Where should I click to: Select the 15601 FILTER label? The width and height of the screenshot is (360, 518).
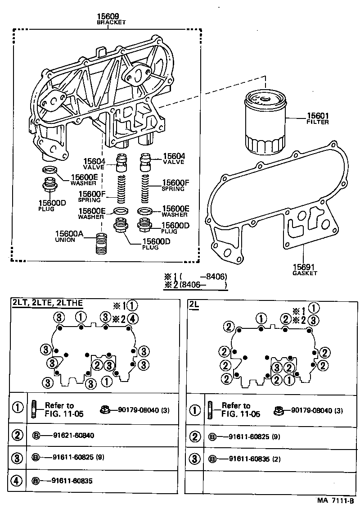tap(317, 118)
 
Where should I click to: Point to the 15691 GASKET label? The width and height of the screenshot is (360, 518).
tap(305, 269)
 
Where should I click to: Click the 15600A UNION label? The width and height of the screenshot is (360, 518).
tap(71, 236)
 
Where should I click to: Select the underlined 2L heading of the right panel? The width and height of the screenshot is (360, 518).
tap(194, 305)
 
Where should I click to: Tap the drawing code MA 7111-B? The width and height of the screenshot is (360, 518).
tap(335, 500)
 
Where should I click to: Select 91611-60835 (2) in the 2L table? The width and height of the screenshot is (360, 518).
tap(253, 459)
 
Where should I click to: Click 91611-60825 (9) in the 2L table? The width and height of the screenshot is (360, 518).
tap(253, 436)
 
